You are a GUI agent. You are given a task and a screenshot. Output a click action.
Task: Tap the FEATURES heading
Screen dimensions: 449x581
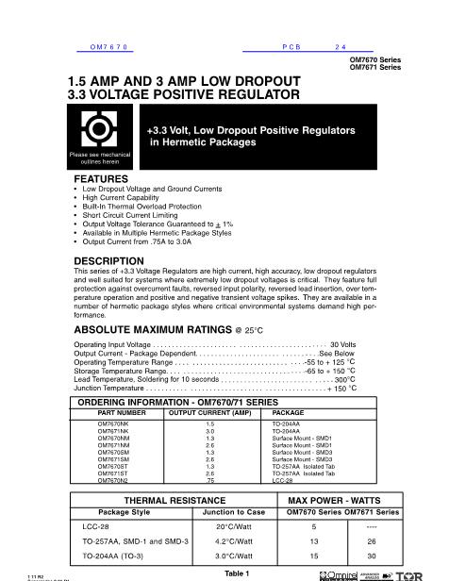pos(100,177)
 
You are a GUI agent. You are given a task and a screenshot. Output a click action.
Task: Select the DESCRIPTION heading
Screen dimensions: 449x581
pos(108,259)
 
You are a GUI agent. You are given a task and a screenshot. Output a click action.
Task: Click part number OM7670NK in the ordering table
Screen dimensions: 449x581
pos(114,425)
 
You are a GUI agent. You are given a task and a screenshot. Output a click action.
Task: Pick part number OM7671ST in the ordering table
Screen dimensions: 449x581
pos(113,472)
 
